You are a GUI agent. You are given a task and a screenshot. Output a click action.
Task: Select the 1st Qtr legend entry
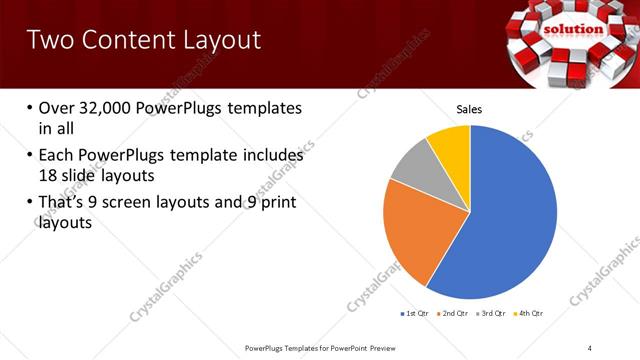click(x=415, y=313)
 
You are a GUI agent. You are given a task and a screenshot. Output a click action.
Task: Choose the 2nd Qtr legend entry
click(x=456, y=313)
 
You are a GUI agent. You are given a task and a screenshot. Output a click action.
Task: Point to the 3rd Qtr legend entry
click(x=496, y=313)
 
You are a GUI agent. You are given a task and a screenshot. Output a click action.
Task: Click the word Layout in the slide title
click(x=215, y=40)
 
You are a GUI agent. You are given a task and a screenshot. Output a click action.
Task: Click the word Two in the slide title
click(x=46, y=40)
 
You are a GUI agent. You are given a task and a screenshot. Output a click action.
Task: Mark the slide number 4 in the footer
click(x=590, y=347)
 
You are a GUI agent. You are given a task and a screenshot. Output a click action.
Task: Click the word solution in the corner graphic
click(x=573, y=29)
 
